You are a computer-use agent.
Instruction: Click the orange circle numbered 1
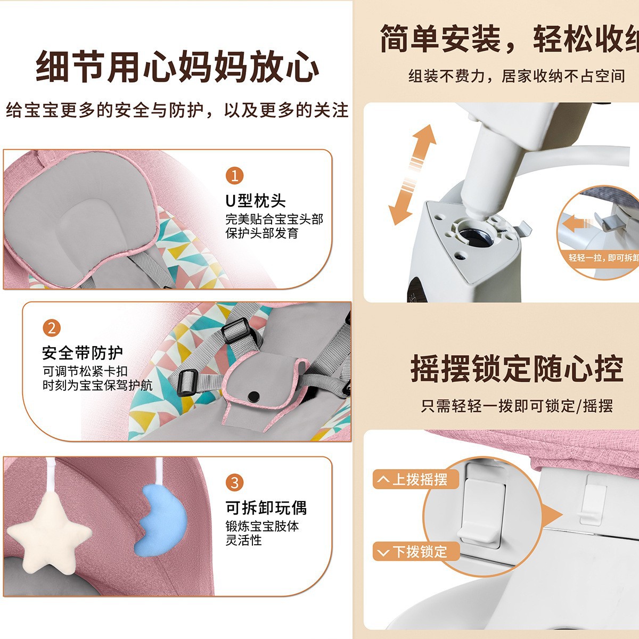click(x=234, y=175)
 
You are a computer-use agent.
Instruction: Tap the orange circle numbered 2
click(x=52, y=327)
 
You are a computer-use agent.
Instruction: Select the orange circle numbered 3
click(x=234, y=482)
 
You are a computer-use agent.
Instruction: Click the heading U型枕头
click(x=256, y=201)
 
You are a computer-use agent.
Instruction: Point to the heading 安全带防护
click(x=83, y=353)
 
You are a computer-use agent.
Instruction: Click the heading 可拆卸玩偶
click(x=266, y=507)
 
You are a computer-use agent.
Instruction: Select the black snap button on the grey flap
click(x=254, y=396)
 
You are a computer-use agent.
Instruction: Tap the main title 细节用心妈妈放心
click(x=177, y=67)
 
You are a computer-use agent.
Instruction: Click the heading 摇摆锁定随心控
click(x=517, y=368)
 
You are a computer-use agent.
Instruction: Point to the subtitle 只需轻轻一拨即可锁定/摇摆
click(x=517, y=406)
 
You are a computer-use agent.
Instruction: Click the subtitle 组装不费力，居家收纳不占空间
click(x=517, y=76)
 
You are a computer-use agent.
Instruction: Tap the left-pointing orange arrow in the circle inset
click(x=578, y=223)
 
